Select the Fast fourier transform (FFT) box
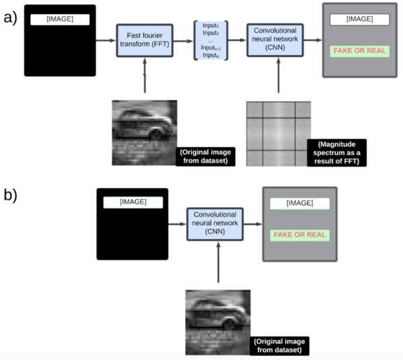coord(144,41)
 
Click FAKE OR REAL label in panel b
coord(300,235)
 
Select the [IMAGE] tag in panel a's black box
coord(60,19)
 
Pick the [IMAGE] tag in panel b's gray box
coord(300,203)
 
